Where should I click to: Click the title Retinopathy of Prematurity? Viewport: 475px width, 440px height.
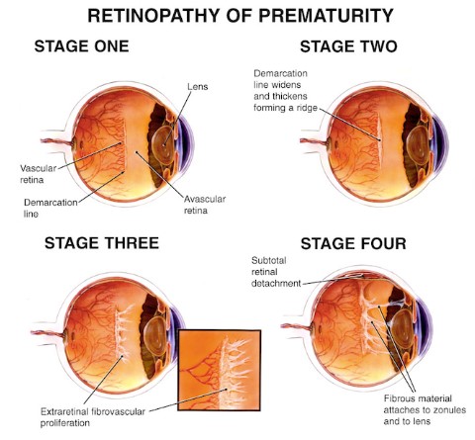click(x=240, y=16)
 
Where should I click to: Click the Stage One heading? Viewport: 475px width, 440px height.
click(x=81, y=46)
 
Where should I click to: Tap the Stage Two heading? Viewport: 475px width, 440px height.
click(x=348, y=46)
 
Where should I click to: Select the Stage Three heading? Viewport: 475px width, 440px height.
click(x=102, y=243)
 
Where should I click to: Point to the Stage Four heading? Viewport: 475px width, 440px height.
click(x=353, y=244)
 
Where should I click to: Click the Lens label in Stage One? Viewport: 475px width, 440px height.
click(x=198, y=87)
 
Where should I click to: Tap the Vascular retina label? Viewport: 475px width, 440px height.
click(x=38, y=174)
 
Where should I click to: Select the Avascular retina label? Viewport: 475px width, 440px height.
click(x=205, y=205)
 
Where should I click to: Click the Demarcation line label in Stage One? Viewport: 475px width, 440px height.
click(x=50, y=208)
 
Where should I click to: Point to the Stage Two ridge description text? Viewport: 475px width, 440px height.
click(x=286, y=90)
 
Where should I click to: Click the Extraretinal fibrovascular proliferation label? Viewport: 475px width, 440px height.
click(x=93, y=417)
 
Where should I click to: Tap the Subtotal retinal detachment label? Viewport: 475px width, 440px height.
click(x=276, y=272)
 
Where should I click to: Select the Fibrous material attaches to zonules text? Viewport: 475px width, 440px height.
click(x=425, y=409)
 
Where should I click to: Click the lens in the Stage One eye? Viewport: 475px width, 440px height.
click(x=164, y=144)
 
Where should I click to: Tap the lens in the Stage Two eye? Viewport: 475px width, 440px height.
click(x=418, y=145)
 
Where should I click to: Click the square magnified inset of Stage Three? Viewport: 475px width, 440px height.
click(x=220, y=370)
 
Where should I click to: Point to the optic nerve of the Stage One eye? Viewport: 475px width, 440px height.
click(x=56, y=142)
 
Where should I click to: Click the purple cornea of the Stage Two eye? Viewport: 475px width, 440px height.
click(x=441, y=142)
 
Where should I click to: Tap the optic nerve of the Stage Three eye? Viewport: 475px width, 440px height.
click(x=47, y=333)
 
